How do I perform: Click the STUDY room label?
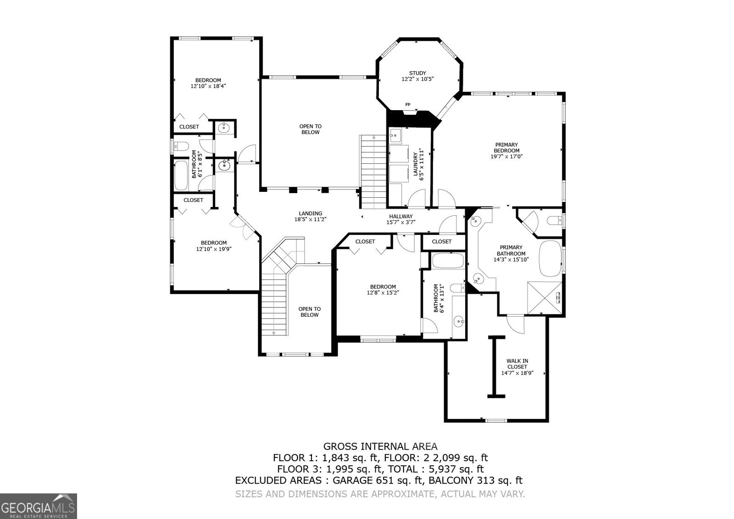coord(417,73)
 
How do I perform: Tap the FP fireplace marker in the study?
coord(407,105)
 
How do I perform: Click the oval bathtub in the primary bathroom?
coord(550,258)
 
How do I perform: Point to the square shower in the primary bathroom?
coord(545,298)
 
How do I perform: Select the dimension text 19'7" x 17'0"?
coord(506,156)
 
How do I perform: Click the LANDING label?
coord(311,213)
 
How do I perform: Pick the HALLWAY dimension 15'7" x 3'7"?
coord(401,223)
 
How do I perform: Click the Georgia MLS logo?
coord(38,506)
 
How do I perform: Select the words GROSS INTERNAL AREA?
coord(380,446)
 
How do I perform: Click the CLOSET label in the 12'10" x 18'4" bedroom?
coord(189,127)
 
